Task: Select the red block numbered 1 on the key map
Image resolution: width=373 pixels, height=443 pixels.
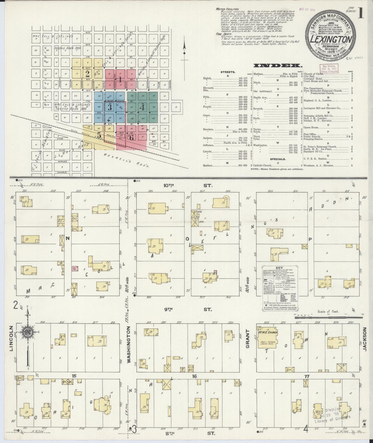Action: (x=120, y=79)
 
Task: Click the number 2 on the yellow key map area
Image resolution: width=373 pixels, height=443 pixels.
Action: (x=88, y=74)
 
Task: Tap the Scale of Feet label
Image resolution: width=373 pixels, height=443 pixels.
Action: (x=328, y=311)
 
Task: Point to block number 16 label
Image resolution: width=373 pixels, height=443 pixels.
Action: (x=194, y=376)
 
